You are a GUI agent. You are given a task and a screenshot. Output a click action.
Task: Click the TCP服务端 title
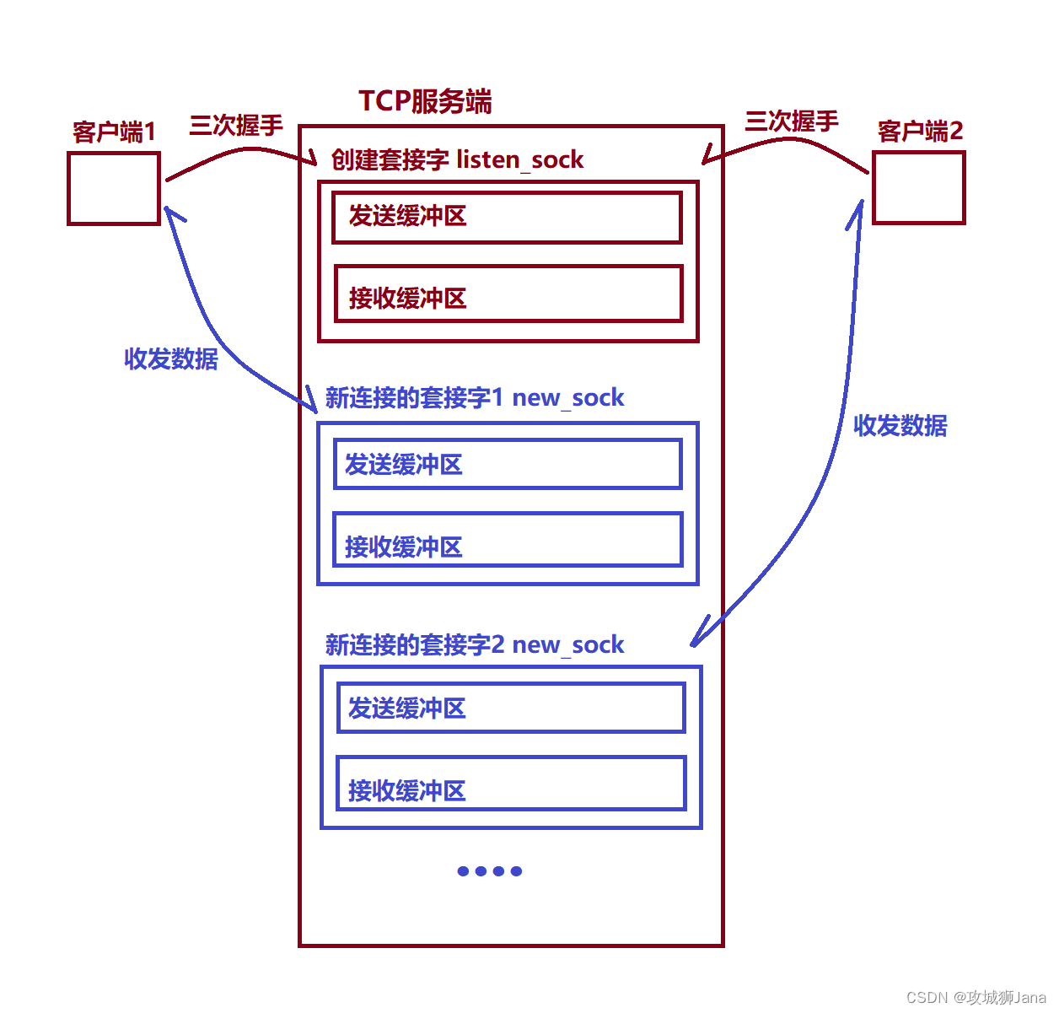point(425,101)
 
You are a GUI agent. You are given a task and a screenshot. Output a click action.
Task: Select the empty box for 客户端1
point(114,188)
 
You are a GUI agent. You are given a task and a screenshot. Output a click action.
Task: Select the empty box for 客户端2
point(918,187)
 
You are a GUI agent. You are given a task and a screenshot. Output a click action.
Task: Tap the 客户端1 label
point(114,132)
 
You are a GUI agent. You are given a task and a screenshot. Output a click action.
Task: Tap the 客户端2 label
point(920,131)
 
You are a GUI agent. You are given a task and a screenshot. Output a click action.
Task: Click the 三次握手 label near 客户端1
point(236,126)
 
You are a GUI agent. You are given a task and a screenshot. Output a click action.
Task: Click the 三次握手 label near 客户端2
point(791,121)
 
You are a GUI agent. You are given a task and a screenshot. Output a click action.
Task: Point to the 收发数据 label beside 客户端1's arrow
point(171,358)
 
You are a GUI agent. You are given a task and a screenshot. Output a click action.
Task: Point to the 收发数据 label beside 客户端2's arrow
point(900,425)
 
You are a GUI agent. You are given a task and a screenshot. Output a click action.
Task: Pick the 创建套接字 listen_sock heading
point(457,159)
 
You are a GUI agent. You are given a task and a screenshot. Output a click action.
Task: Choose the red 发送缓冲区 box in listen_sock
point(507,218)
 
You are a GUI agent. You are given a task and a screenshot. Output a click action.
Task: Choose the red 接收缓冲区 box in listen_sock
point(508,294)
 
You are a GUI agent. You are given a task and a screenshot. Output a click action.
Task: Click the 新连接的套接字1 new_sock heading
point(475,397)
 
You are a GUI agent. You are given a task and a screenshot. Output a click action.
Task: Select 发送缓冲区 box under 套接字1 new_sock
point(507,464)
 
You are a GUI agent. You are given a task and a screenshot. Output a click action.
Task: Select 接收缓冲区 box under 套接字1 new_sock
point(507,540)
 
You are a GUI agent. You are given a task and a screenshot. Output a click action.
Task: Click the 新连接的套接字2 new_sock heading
point(475,644)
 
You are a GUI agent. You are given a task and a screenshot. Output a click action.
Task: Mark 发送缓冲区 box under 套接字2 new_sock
point(510,708)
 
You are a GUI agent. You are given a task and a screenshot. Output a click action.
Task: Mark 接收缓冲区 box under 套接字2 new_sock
point(510,784)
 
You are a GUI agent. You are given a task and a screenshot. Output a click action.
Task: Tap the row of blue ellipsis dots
point(490,871)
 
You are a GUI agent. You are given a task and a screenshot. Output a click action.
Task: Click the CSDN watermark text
point(976,997)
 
